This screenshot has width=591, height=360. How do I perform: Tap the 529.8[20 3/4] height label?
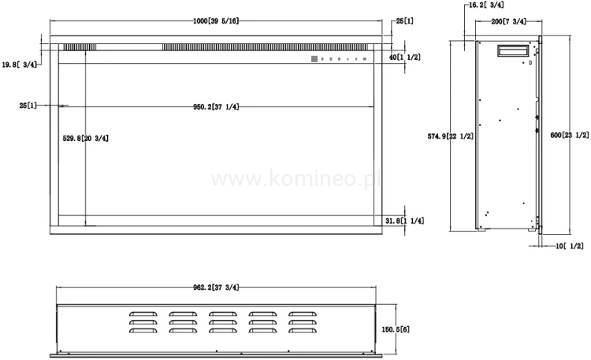[x=85, y=138]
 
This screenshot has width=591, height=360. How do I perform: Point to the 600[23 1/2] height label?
[x=567, y=135]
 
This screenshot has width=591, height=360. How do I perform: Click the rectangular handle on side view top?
[x=511, y=51]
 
